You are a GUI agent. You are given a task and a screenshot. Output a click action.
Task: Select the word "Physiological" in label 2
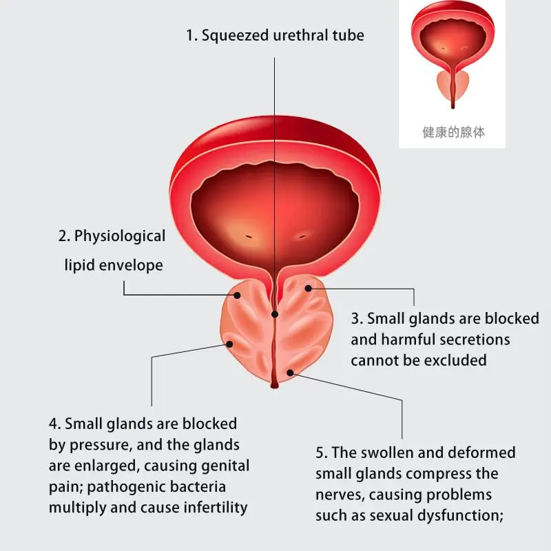click(x=120, y=236)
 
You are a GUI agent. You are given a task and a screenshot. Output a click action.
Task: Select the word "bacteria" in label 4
click(x=199, y=487)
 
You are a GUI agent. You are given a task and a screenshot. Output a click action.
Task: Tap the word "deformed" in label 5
click(x=481, y=453)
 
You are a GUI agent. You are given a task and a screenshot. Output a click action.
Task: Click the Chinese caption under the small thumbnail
click(x=453, y=132)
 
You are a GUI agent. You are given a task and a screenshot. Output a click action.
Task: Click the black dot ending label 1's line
click(x=275, y=314)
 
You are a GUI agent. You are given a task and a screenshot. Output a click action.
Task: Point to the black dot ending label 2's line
click(x=237, y=295)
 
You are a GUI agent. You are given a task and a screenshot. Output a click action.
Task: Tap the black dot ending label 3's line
click(x=309, y=288)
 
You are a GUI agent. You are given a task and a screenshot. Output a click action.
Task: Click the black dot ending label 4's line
click(x=229, y=344)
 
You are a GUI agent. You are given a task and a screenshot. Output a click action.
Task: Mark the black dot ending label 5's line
click(x=290, y=373)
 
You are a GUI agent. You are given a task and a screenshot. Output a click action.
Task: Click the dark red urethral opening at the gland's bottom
click(x=274, y=383)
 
